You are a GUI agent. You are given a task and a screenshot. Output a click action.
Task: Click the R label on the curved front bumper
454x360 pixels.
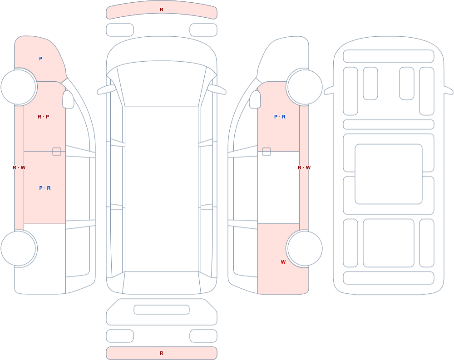pos(162,10)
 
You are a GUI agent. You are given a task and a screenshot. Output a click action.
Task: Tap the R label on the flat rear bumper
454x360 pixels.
pos(162,353)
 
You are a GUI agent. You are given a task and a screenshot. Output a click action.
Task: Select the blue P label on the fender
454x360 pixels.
pos(41,59)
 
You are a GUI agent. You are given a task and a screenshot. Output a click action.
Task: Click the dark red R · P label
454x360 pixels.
pos(44,117)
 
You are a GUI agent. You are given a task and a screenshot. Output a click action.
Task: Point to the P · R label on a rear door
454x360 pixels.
pos(45,188)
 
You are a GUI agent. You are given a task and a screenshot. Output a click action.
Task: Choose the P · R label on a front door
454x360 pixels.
pos(280,117)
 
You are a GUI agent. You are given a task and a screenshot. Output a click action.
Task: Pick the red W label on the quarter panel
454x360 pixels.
pos(283,262)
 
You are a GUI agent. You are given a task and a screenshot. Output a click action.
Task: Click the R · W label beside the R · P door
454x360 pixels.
pos(19,168)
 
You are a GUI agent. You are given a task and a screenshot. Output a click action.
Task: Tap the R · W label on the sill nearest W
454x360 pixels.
pos(304,168)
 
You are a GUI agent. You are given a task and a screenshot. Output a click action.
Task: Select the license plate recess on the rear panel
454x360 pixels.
pos(162,310)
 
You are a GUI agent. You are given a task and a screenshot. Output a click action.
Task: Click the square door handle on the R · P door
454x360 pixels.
pos(57,152)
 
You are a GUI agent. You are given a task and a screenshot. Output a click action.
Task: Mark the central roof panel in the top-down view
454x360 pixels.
pos(162,189)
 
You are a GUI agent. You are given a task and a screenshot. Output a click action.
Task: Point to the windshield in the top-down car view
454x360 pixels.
pos(162,84)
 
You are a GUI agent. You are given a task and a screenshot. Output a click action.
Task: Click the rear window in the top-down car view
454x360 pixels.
pos(162,282)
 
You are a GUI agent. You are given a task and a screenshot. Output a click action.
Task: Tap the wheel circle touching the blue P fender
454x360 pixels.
pos(19,87)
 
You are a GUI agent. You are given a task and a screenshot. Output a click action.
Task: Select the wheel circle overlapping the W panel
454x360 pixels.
pos(305,248)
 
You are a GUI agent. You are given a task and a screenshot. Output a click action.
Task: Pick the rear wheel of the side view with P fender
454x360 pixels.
pos(19,248)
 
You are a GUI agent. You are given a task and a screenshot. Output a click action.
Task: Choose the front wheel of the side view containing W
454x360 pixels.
pos(305,87)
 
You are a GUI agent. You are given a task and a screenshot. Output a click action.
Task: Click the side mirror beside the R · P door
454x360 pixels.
pos(69,99)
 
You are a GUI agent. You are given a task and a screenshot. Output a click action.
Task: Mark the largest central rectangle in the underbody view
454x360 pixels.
pos(389,174)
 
